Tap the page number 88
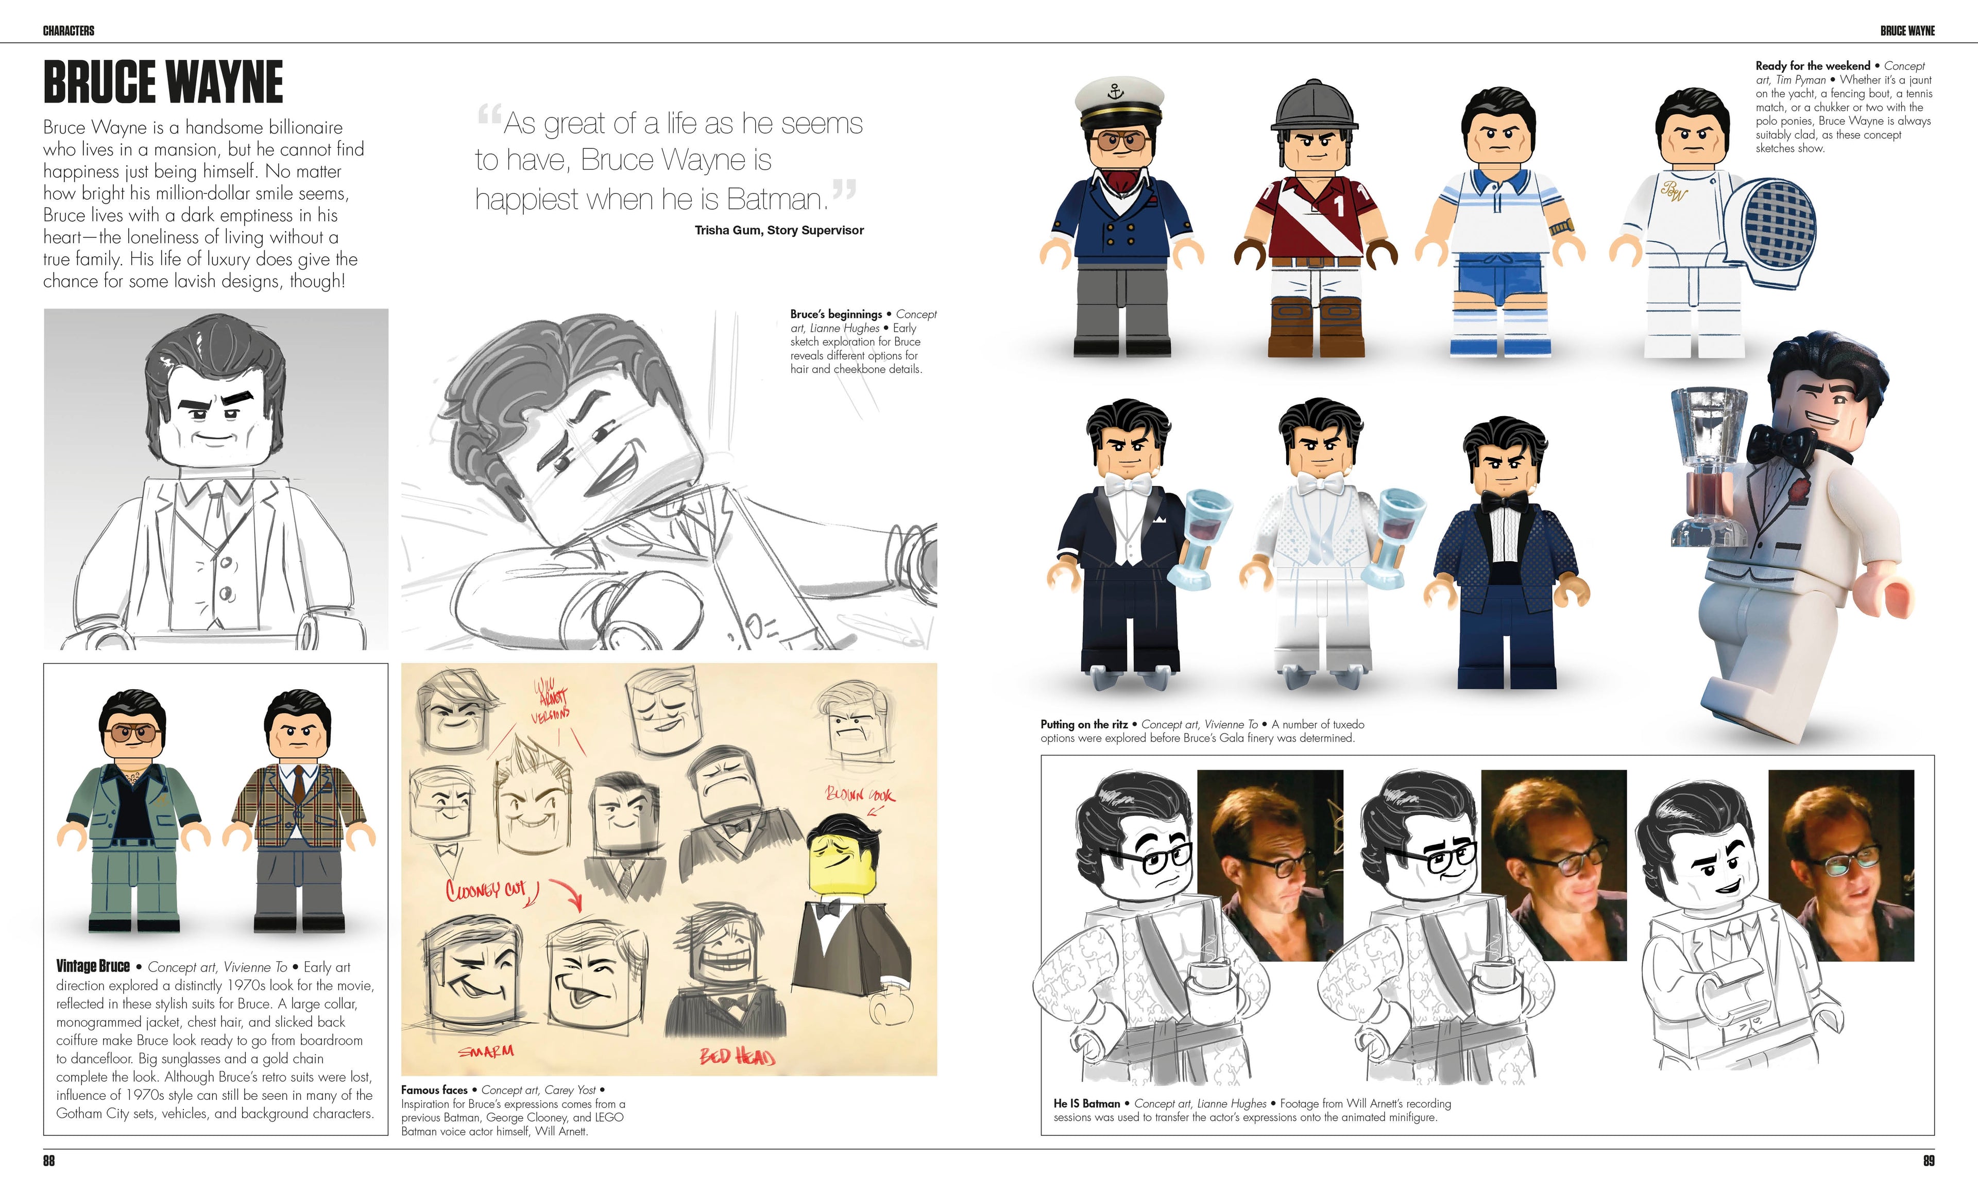(x=49, y=1161)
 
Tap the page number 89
(x=1928, y=1161)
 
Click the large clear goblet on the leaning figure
(x=1708, y=466)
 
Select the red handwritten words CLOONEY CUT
(x=486, y=890)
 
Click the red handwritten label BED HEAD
(x=737, y=1057)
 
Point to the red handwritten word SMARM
(x=486, y=1051)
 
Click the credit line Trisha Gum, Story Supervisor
(x=779, y=230)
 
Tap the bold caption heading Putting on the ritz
(x=1084, y=724)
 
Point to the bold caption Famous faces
(x=434, y=1090)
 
